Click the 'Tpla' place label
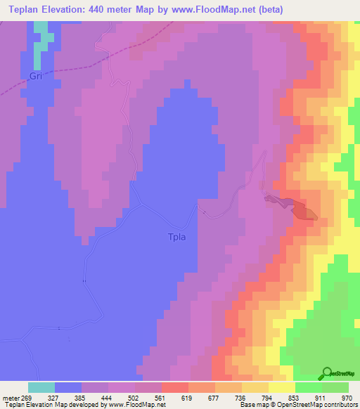(x=176, y=237)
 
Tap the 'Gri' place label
(x=37, y=77)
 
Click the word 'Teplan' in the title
(x=27, y=10)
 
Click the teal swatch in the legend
(x=41, y=387)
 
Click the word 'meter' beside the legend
(x=11, y=397)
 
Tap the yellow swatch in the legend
(x=282, y=387)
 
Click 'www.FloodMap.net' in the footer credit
(x=136, y=405)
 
